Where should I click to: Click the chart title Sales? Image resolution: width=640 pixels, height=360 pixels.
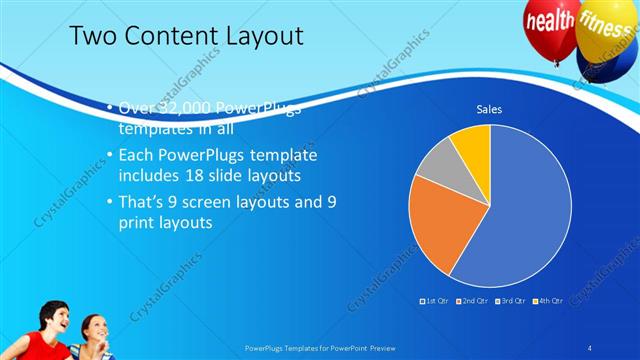click(x=488, y=109)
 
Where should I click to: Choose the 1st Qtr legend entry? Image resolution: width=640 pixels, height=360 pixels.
click(x=434, y=300)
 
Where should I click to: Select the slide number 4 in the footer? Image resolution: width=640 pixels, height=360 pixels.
click(x=589, y=347)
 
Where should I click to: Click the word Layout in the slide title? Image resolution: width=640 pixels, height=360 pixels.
click(x=261, y=37)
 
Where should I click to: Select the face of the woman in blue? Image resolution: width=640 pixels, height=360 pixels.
click(x=93, y=327)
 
